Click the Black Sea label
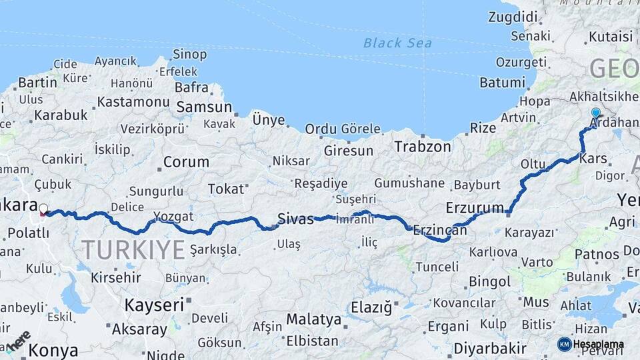tap(397, 43)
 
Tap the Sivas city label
tap(295, 218)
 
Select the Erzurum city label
tap(475, 207)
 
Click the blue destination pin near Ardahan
tap(595, 114)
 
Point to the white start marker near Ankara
tap(43, 209)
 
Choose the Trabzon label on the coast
tap(422, 146)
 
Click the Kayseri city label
tap(154, 305)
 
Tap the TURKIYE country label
tap(133, 249)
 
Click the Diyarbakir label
tap(490, 348)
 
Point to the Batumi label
tap(502, 83)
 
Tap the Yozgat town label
tap(173, 216)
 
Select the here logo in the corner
tap(19, 340)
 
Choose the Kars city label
tap(593, 159)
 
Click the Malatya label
tap(314, 319)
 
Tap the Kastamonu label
tap(133, 102)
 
